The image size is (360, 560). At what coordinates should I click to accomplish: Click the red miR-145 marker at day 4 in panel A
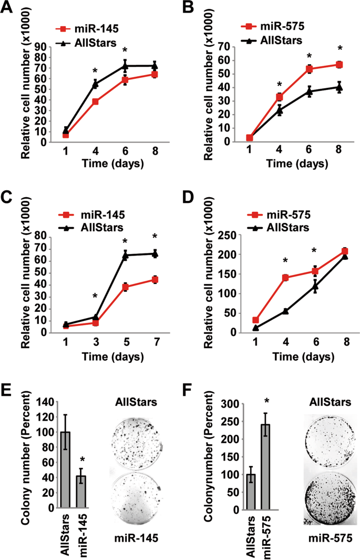pyautogui.click(x=96, y=101)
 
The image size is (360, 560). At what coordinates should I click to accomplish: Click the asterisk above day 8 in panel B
pyautogui.click(x=340, y=53)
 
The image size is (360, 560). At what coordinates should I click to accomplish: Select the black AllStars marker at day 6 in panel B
pyautogui.click(x=310, y=92)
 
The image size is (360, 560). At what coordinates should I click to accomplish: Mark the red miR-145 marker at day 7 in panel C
pyautogui.click(x=155, y=280)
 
